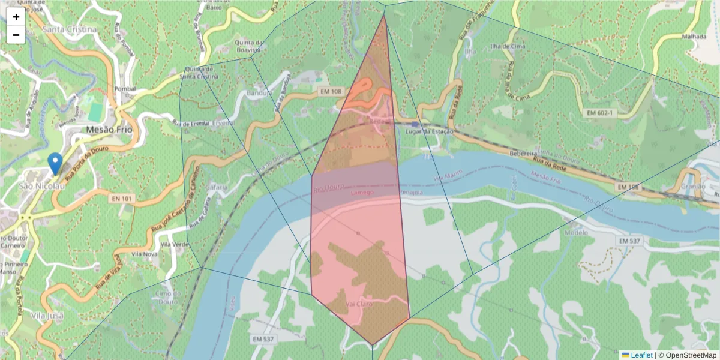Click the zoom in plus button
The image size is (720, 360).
(x=16, y=17)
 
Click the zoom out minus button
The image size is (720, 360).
(x=16, y=35)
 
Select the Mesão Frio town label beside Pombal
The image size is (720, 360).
(x=109, y=129)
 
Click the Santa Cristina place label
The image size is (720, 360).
(x=70, y=29)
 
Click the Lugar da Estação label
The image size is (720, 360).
(x=429, y=131)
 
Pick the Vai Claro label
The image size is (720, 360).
(x=358, y=304)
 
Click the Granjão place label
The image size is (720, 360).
(x=692, y=187)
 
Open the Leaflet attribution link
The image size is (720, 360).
(x=641, y=355)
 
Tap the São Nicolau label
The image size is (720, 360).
(x=41, y=186)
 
